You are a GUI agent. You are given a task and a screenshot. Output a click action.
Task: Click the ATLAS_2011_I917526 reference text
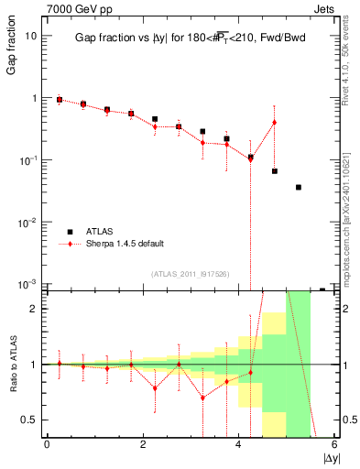click(x=191, y=274)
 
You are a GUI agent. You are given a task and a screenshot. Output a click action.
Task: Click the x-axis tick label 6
click(x=334, y=443)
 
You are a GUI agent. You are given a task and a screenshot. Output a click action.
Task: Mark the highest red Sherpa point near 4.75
click(x=274, y=123)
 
